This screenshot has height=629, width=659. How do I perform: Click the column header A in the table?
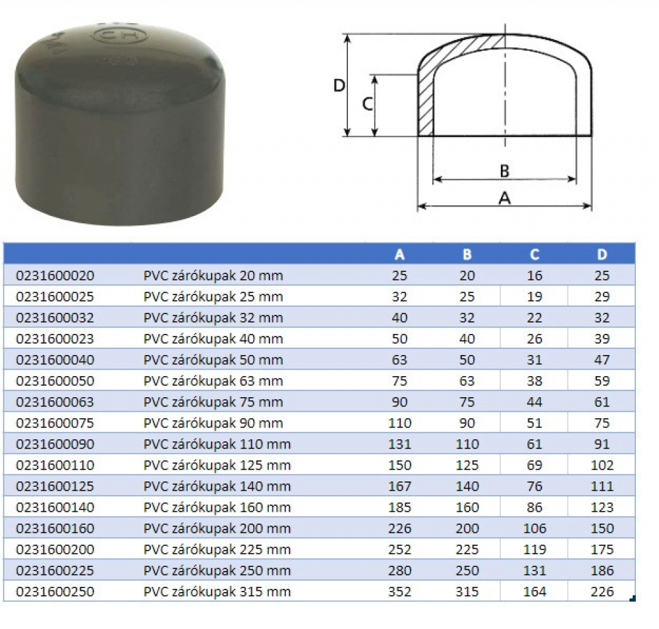[399, 254]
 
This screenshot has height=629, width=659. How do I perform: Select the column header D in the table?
[602, 254]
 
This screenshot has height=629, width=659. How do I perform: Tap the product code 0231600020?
[55, 275]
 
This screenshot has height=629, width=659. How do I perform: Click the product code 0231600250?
[55, 591]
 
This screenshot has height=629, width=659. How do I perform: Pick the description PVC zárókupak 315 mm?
[217, 591]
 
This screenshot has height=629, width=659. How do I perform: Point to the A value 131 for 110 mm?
[399, 444]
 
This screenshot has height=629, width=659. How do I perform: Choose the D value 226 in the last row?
[602, 591]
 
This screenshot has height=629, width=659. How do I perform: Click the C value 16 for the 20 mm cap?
[534, 275]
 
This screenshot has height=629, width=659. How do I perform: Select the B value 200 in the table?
[467, 528]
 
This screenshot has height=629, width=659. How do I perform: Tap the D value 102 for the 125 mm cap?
[602, 465]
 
